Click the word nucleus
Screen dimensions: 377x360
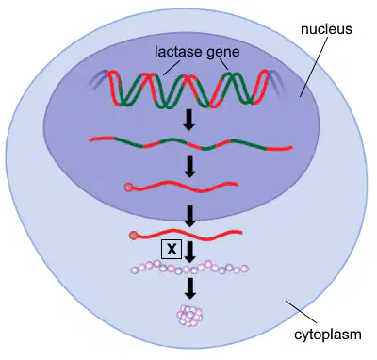tap(326, 29)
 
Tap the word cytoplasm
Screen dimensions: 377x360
tap(328, 335)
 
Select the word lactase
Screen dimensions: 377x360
tap(178, 52)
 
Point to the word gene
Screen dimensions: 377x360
tap(223, 53)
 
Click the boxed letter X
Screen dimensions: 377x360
tap(172, 250)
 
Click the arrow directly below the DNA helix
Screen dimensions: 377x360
tap(189, 120)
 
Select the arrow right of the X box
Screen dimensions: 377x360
tap(189, 252)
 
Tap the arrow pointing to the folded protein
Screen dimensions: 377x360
tap(189, 288)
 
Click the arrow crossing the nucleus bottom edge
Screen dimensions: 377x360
tap(189, 217)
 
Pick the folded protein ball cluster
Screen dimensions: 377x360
tap(190, 316)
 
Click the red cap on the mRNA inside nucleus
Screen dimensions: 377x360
tap(128, 188)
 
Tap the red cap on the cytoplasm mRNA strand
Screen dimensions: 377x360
tap(133, 236)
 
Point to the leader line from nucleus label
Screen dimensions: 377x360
tap(314, 67)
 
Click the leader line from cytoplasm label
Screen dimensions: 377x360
tap(301, 312)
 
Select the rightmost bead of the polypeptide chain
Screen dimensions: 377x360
tap(244, 269)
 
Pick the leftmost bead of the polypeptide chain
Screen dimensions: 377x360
tap(135, 270)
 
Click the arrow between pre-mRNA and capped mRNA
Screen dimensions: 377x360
tap(189, 167)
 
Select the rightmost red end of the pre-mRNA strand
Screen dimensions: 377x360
tap(280, 148)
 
